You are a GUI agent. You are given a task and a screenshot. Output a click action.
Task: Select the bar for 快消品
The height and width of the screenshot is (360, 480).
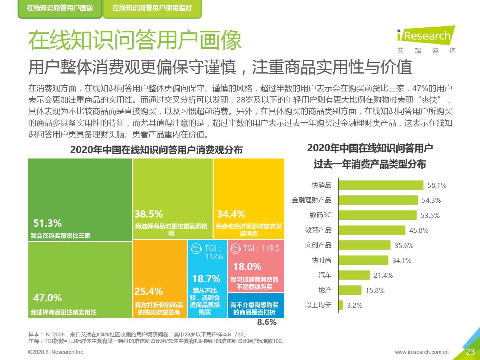(381, 185)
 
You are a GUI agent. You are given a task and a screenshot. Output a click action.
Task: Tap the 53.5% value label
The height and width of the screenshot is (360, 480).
(430, 215)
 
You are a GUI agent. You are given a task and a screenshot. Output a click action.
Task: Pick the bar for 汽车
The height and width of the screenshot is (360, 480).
(354, 275)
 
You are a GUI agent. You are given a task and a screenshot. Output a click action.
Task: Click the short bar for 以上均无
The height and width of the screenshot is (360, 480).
(341, 305)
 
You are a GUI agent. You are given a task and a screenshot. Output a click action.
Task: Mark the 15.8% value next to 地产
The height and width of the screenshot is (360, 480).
(375, 290)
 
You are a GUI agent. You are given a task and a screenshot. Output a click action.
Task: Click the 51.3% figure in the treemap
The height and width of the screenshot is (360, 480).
(47, 223)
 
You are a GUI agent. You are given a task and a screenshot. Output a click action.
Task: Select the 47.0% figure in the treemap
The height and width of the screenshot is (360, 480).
(47, 298)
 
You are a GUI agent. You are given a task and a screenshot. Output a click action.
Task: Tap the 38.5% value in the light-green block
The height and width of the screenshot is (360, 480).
(149, 214)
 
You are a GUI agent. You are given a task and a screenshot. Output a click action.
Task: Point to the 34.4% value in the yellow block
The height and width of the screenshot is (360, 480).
(231, 214)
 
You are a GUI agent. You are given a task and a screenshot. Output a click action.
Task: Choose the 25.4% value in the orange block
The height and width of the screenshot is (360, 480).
(149, 291)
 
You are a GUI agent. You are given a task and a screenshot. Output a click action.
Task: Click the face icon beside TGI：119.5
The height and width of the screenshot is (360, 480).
(236, 248)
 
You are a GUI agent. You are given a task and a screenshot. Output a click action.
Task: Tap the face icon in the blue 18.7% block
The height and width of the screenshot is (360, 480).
(196, 249)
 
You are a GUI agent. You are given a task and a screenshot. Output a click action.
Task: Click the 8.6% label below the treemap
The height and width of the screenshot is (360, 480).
(267, 322)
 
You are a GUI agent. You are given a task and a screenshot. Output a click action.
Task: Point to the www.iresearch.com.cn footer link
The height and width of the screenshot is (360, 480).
(422, 352)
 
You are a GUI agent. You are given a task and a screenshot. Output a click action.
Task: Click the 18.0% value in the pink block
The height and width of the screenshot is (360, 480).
(247, 266)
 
